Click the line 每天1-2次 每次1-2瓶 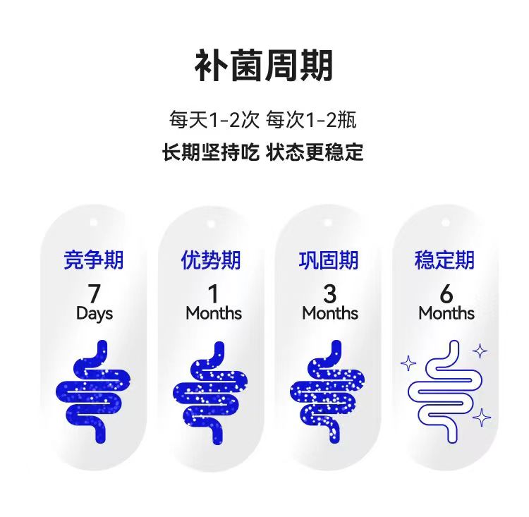click(262, 120)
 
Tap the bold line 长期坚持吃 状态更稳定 click(263, 152)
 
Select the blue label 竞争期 click(94, 260)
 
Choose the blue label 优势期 click(211, 260)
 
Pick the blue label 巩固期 click(329, 260)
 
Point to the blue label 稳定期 click(445, 260)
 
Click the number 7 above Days click(94, 292)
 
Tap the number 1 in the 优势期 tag click(213, 292)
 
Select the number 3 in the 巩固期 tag click(329, 292)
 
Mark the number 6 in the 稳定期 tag click(446, 292)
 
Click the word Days click(95, 313)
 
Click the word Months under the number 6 click(446, 313)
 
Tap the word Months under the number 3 click(330, 313)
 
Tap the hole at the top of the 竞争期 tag click(97, 221)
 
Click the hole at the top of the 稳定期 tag click(445, 221)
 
